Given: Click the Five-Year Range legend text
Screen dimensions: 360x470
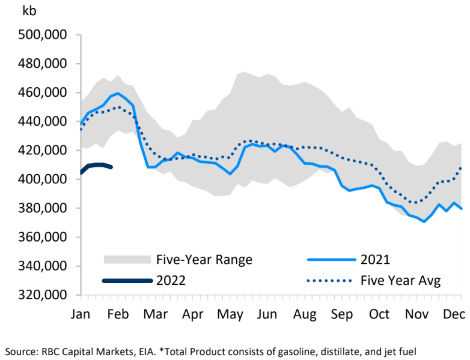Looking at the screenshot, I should [x=204, y=260].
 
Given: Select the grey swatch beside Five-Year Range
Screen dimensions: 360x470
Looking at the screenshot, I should [x=127, y=260].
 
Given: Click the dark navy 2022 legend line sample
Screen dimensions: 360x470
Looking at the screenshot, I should [x=127, y=280].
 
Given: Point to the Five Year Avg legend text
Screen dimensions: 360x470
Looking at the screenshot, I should [x=401, y=280].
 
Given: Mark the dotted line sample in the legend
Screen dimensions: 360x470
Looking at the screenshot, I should [x=329, y=280].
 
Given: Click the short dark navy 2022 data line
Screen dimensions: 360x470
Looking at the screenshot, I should [x=96, y=165].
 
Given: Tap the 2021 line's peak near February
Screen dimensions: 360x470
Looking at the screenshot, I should [x=118, y=93].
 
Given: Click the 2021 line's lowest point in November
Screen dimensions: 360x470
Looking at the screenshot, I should [x=424, y=222].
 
